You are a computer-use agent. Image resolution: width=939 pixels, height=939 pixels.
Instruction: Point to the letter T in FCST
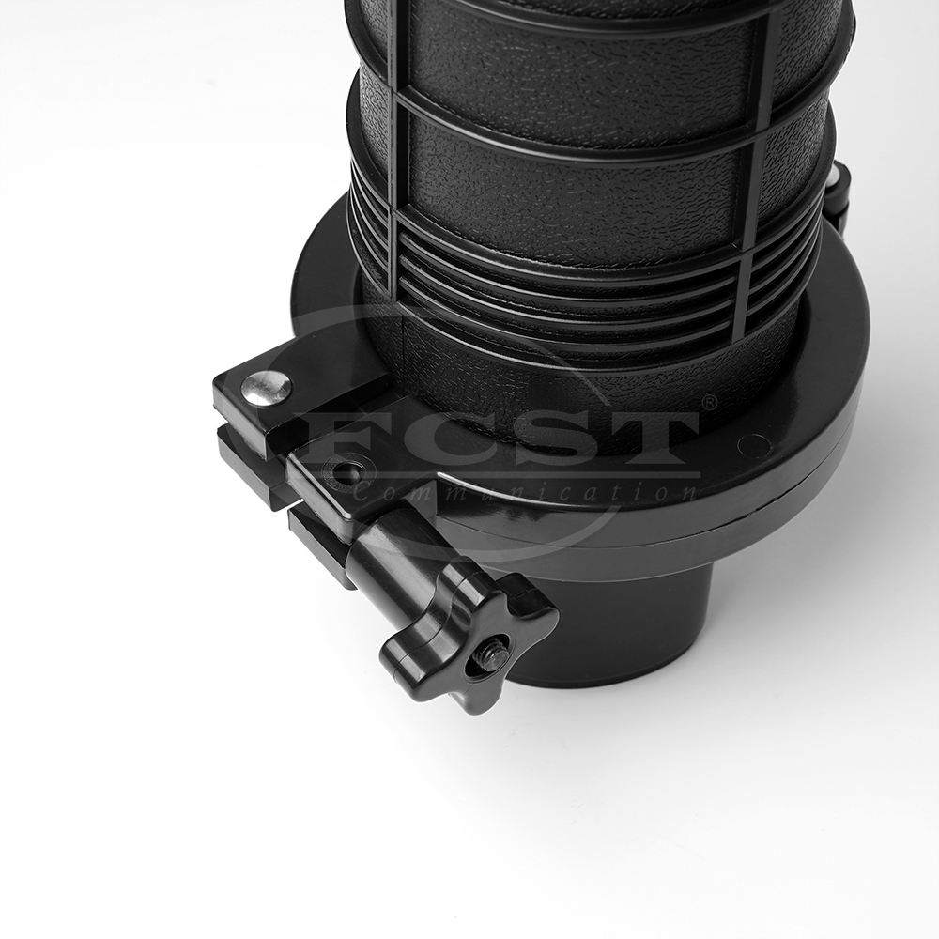click(648, 438)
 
